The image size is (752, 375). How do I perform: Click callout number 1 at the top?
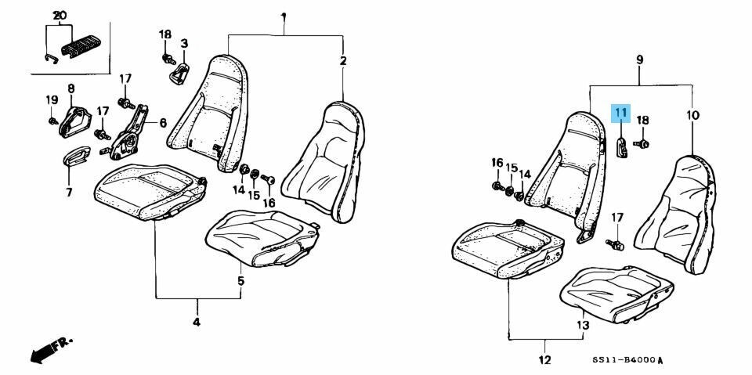coord(284,16)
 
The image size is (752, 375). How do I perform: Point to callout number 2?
coord(342,60)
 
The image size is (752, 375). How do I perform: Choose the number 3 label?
coord(184,42)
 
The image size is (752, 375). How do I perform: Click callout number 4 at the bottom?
coord(197,322)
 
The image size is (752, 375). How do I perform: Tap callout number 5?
coord(240,280)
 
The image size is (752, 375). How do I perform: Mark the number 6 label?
coord(163,123)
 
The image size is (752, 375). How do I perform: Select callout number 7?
coord(69,192)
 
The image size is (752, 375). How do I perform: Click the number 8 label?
coord(71,88)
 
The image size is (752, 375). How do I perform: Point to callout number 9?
coord(639,59)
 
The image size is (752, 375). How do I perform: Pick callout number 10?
coord(692,115)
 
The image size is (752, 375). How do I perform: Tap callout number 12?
coord(544,360)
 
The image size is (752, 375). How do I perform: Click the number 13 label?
coord(582,324)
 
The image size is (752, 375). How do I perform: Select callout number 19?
coord(52,99)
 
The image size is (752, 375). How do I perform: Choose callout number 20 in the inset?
coord(60,16)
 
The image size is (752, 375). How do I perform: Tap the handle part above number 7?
coord(78,155)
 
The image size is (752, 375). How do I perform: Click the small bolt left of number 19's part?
coord(52,121)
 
